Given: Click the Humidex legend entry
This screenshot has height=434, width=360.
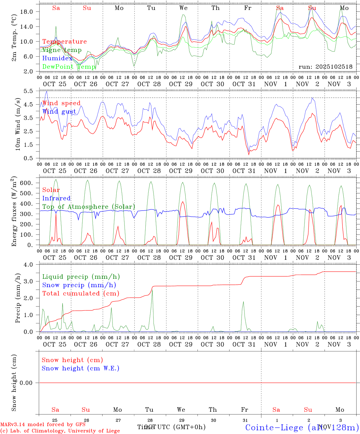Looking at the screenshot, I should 57,58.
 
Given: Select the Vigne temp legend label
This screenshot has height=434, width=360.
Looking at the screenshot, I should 62,50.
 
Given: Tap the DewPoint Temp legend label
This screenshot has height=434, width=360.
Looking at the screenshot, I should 69,67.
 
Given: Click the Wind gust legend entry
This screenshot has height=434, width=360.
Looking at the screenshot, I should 59,112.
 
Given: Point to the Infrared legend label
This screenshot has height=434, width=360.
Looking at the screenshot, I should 56,198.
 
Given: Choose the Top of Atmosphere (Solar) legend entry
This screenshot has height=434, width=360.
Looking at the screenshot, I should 89,207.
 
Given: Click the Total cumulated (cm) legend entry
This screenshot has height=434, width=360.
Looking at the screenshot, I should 81,293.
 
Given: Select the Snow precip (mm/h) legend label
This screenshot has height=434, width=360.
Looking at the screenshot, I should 79,285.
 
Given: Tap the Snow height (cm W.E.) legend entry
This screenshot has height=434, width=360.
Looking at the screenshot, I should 81,368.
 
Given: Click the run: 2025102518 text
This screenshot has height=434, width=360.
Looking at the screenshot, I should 325,67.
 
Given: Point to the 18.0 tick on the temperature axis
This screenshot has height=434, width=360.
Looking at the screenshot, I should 30,12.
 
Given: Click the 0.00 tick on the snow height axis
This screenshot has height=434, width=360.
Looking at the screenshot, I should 28,383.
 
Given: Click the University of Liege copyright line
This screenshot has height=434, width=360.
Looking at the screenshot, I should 60,431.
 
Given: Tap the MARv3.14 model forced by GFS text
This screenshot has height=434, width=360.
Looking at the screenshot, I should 43,425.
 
